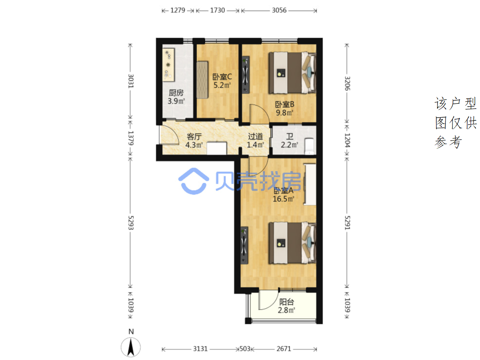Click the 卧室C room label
point(222,77)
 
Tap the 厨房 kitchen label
point(176,93)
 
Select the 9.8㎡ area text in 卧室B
point(284,113)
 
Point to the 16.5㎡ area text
point(283,199)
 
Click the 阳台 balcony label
point(286,302)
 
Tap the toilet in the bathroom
point(310,146)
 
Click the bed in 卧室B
point(292,73)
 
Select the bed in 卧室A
point(292,243)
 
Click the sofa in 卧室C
point(202,80)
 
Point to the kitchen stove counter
point(168,65)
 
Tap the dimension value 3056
point(279,10)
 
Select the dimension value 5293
point(131,223)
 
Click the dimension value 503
point(245,349)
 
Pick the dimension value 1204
point(347,140)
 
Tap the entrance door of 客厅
point(169,135)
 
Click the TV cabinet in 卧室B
point(245,75)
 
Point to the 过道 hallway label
point(255,137)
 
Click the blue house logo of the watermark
point(194,181)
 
